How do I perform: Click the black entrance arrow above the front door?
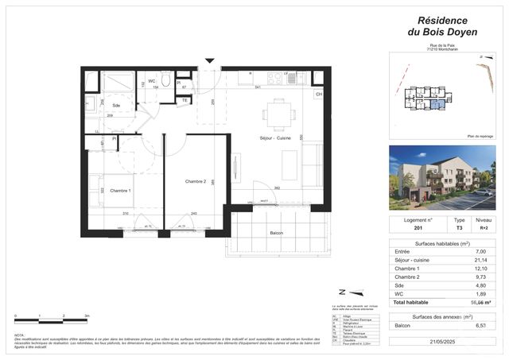coord(210,60)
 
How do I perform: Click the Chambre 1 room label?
coord(120,191)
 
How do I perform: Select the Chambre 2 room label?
coord(196,182)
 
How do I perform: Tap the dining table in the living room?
coord(278,114)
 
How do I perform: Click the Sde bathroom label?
coord(116,106)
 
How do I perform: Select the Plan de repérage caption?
coord(481,136)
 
